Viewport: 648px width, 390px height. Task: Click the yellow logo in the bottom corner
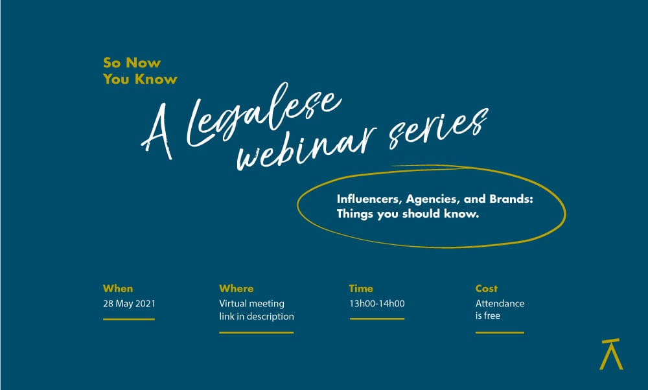click(x=611, y=354)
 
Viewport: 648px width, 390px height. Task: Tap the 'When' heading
click(x=118, y=288)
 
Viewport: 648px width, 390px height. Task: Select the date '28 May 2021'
click(x=129, y=304)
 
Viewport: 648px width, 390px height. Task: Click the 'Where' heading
click(x=237, y=288)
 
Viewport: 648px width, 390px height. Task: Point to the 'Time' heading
click(x=361, y=288)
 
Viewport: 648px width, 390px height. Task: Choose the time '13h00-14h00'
click(x=377, y=304)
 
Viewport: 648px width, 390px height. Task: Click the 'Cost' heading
click(x=487, y=288)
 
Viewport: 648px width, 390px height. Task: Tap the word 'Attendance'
click(x=500, y=304)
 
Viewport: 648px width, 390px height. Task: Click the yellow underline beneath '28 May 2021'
click(x=129, y=319)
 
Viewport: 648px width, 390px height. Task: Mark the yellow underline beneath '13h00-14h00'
click(x=377, y=319)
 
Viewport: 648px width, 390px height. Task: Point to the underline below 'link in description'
click(x=257, y=332)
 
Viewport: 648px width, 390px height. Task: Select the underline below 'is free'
click(x=500, y=332)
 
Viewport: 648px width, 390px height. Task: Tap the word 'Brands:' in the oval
click(x=511, y=199)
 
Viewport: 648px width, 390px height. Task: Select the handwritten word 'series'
click(x=438, y=128)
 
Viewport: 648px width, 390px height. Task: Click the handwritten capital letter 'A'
click(x=157, y=132)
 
